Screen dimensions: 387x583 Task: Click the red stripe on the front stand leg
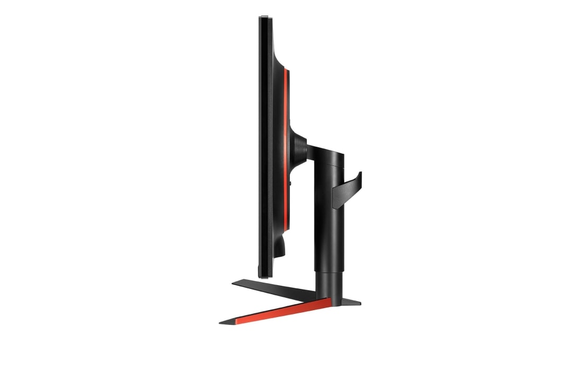pos(281,311)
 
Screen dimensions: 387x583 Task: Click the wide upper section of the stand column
pos(330,223)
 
